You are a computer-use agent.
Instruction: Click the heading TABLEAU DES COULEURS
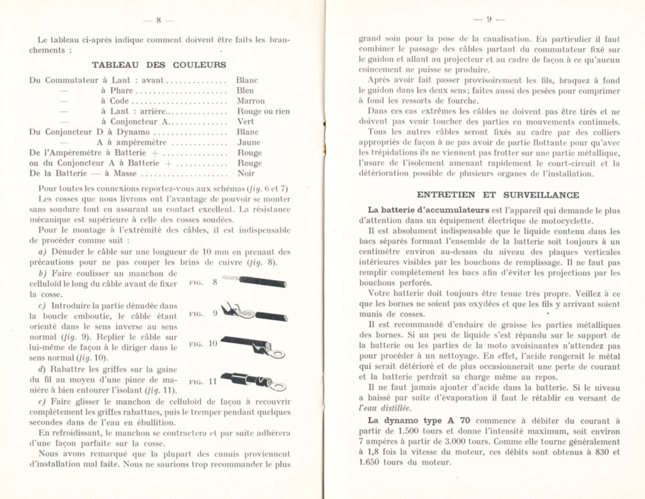point(159,64)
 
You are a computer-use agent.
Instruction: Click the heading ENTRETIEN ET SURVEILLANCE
point(498,195)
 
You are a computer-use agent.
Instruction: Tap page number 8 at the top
point(159,21)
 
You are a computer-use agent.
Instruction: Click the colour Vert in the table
point(244,121)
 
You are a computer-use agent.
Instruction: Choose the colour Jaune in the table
point(247,142)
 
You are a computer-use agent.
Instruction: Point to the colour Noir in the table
point(246,173)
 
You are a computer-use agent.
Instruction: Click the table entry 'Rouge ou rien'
point(263,111)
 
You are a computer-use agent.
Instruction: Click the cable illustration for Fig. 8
point(256,281)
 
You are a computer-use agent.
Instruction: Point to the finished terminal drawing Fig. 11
point(256,381)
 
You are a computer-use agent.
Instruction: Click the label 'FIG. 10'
point(203,344)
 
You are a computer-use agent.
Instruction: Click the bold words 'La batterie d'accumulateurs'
point(420,210)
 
